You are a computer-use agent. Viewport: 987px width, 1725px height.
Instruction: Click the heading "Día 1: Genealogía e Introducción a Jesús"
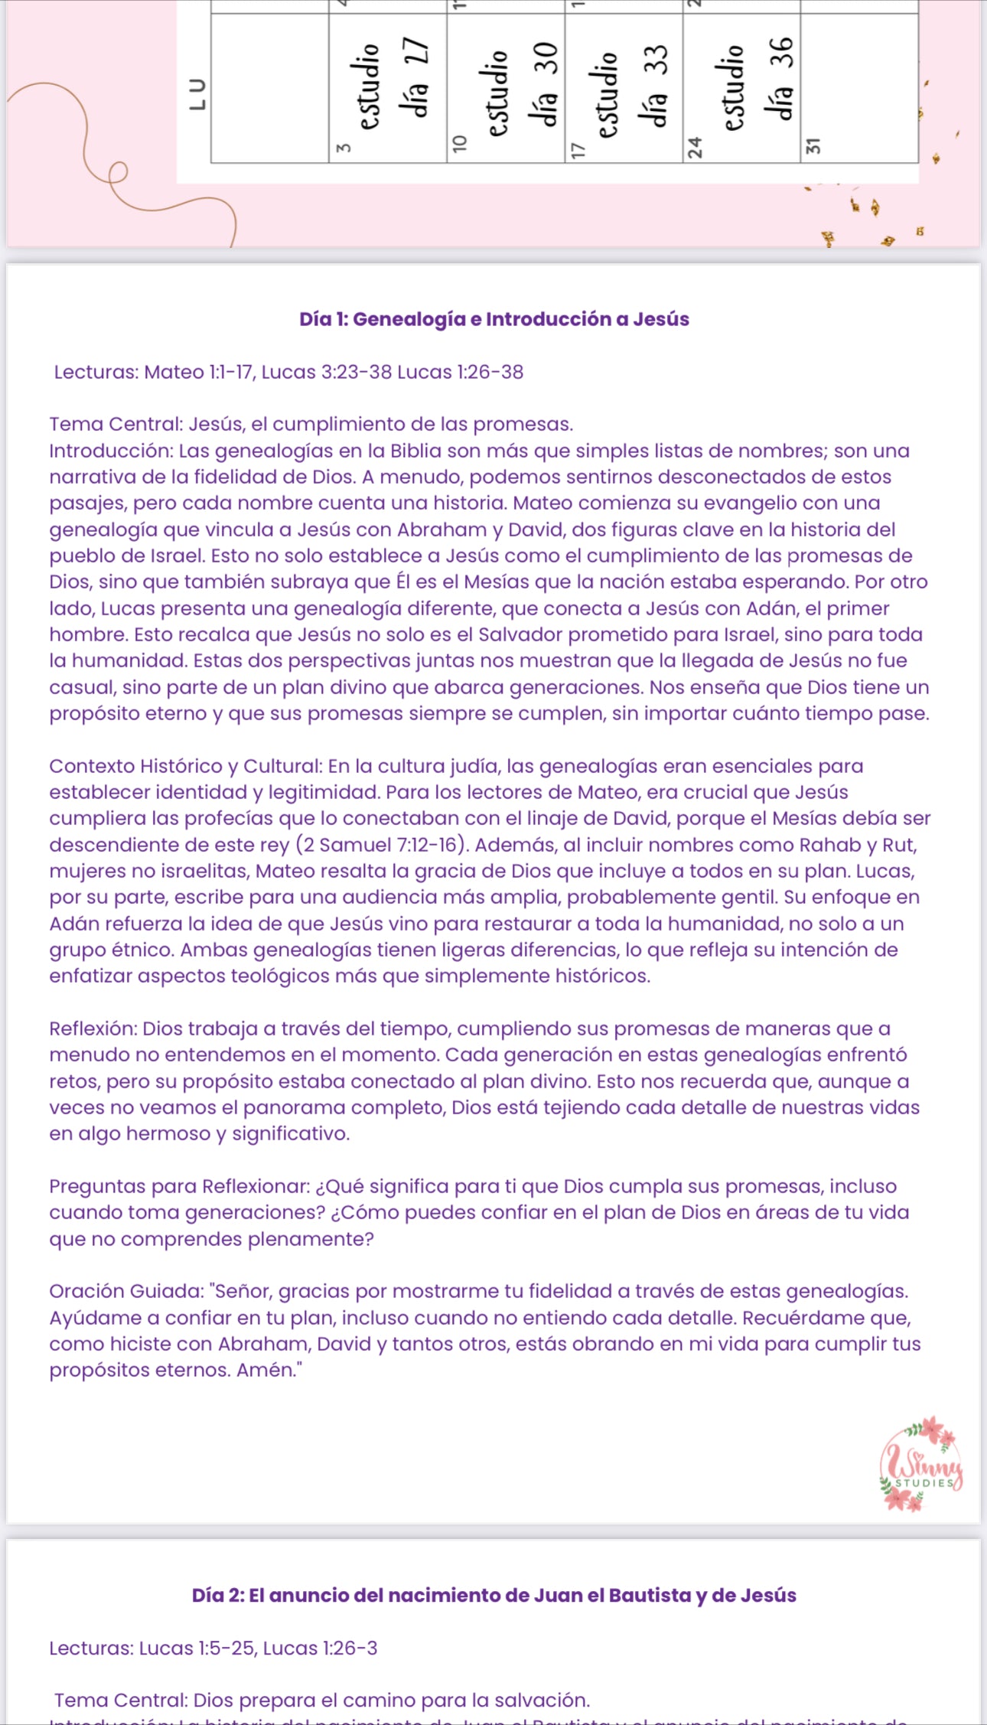point(493,319)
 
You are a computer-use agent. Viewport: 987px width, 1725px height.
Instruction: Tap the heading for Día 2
point(493,1595)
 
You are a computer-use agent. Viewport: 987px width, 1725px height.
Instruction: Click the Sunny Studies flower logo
point(921,1463)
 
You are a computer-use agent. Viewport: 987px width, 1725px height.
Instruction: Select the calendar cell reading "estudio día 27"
point(388,87)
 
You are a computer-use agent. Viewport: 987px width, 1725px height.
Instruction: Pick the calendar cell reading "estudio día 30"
point(506,87)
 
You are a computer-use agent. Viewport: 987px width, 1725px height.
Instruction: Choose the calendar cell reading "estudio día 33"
point(624,87)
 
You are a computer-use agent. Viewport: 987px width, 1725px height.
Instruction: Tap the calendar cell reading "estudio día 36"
point(741,87)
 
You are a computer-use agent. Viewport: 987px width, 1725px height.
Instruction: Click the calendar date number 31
point(813,145)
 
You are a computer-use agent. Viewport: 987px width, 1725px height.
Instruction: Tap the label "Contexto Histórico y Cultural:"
point(187,766)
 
